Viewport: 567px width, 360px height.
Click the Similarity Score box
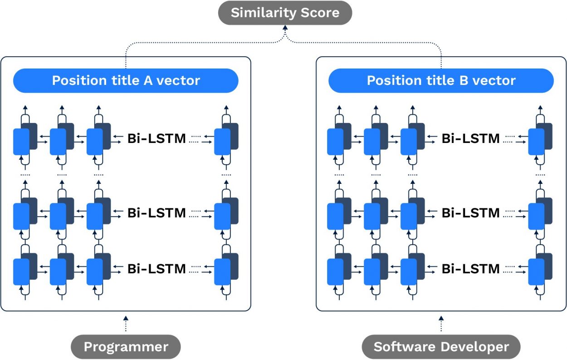[x=285, y=13]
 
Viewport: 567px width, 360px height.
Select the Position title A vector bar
[x=126, y=81]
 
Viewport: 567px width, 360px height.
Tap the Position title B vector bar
[x=441, y=81]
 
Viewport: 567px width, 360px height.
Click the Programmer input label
[x=126, y=347]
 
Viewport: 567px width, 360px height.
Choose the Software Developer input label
[x=441, y=347]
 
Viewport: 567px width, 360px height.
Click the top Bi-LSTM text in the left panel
[x=156, y=138]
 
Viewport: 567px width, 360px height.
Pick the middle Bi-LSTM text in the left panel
[x=156, y=212]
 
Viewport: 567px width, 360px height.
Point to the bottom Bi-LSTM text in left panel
[x=156, y=269]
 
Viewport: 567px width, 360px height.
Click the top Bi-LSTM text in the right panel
[x=471, y=138]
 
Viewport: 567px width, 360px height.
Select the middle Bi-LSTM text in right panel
[x=471, y=212]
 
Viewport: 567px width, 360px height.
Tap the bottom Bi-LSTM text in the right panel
[x=471, y=269]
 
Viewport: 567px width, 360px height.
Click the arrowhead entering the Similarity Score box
[x=285, y=29]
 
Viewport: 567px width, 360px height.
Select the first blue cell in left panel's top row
[x=21, y=142]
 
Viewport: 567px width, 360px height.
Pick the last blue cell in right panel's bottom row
[x=536, y=272]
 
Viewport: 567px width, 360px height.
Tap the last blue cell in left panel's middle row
[x=222, y=216]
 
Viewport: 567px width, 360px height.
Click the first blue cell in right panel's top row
[x=335, y=142]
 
